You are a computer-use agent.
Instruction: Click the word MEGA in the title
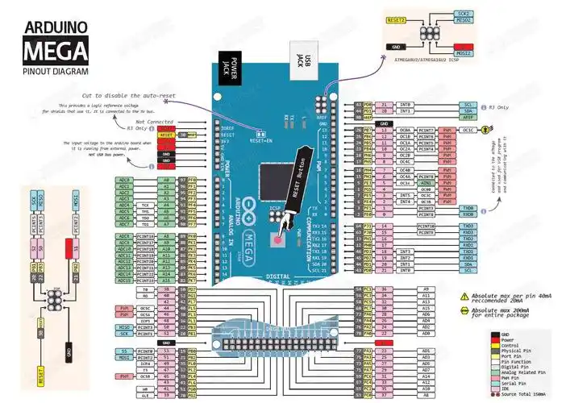55,52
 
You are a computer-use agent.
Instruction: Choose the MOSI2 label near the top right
464,53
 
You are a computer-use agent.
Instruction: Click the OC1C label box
468,129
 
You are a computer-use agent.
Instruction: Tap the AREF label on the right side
468,117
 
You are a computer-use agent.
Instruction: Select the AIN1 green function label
427,183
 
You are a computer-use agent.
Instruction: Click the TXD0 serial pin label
468,207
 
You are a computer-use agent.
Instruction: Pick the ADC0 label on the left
124,180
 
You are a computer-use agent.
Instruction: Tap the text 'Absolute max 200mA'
501,310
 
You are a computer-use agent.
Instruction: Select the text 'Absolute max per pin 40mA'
508,296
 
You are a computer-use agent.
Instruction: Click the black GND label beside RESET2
397,47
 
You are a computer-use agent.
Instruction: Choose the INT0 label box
406,105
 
